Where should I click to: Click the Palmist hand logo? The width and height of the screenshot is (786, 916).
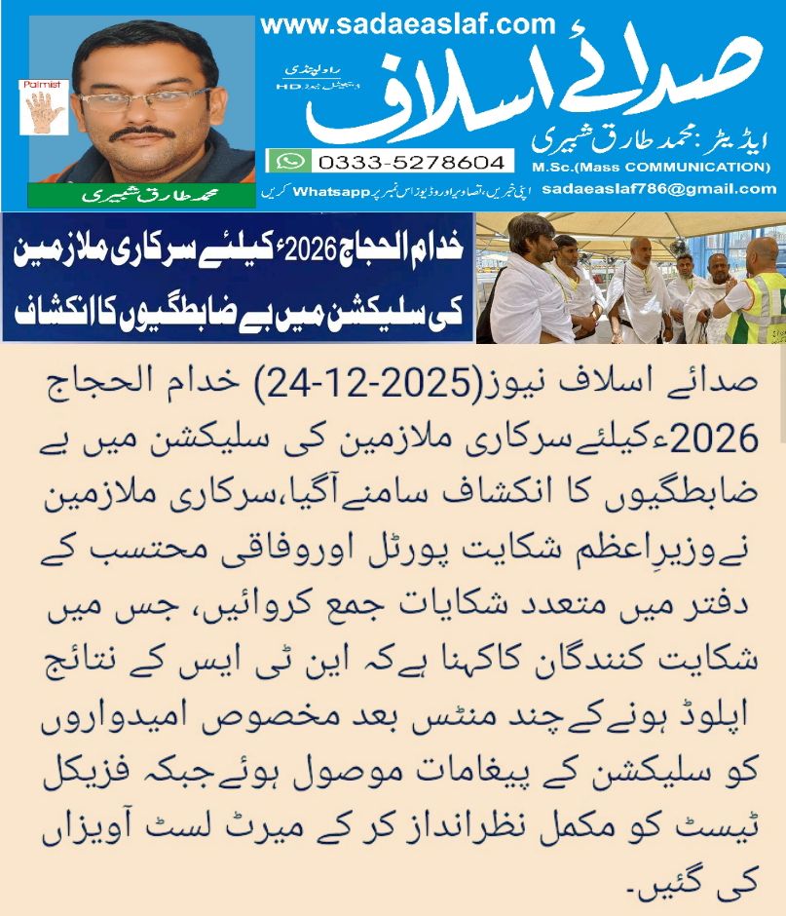coord(43,106)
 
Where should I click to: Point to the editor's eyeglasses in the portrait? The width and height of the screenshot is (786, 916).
coord(146,99)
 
